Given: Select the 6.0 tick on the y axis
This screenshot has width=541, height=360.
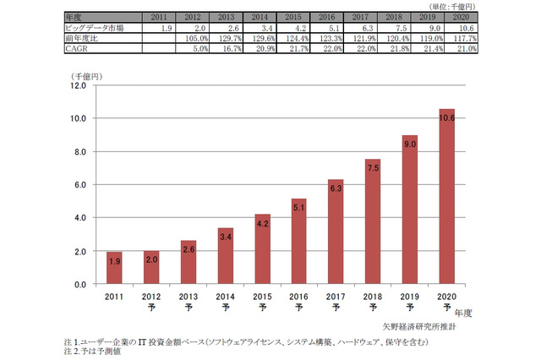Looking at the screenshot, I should click(x=79, y=185).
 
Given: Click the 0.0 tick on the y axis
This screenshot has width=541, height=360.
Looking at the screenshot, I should click(x=79, y=285).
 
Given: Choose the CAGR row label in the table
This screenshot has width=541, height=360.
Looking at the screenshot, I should click(x=79, y=48).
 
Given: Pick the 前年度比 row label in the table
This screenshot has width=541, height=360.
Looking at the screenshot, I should click(x=83, y=38).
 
